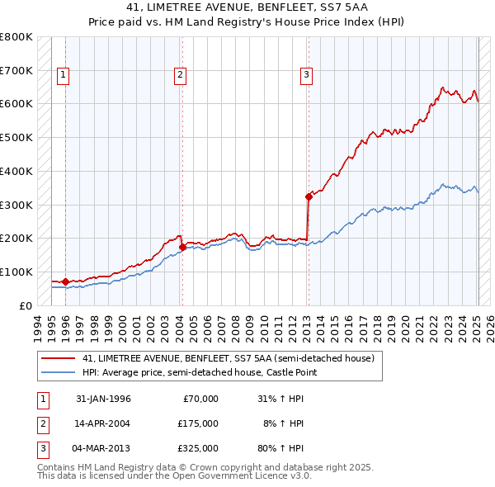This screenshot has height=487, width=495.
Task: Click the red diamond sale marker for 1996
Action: [x=65, y=281]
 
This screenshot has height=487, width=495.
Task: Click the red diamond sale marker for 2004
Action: [x=182, y=246]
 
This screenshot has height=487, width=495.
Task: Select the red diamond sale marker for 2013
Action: [x=309, y=196]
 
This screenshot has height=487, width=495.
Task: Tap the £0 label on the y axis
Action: [x=26, y=305]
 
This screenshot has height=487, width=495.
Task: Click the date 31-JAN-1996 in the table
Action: [x=103, y=399]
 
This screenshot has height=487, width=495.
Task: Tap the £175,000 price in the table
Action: [x=198, y=423]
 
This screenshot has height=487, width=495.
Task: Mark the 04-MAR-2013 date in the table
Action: [x=103, y=448]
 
